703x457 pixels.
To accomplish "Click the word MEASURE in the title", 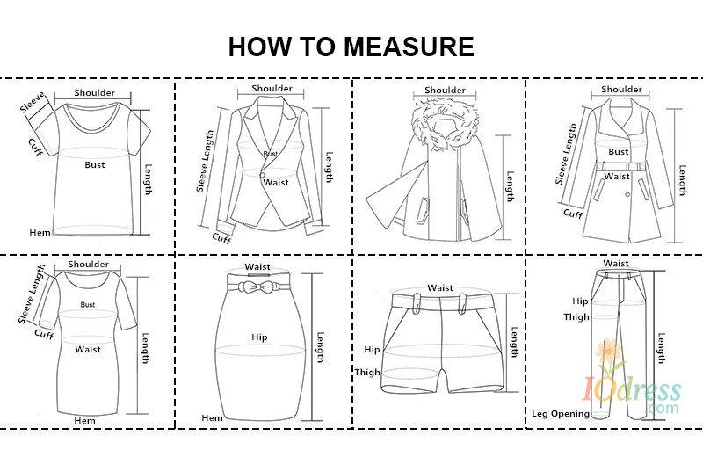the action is pos(409,47).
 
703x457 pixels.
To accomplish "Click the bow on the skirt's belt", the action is pos(257,286).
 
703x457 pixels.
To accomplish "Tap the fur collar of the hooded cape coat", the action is pos(444,125).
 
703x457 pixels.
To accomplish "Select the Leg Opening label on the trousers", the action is pos(561,414).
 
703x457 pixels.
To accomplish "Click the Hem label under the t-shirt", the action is pos(40,232).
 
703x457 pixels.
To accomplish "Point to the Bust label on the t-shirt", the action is pos(95,164).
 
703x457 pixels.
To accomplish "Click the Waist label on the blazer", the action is pos(276,182).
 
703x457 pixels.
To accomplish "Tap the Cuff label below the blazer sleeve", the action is pos(221,238).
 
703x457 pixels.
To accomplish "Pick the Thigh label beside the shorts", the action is pos(367,372).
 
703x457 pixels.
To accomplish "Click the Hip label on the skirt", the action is pos(259,337).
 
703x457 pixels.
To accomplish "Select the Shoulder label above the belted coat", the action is pos(621,89).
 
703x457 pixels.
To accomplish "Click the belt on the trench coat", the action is pos(621,167).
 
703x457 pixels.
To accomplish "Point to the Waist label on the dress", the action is pos(88,349).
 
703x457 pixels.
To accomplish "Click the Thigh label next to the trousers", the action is pos(576,316).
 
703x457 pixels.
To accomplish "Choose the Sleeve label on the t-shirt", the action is pos(33,102).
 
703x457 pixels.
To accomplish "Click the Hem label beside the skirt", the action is pos(212,418).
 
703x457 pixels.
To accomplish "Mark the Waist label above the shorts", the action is pos(440,287).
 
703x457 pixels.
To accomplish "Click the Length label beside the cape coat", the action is pos(510,186).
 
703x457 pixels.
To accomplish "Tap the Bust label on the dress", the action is pos(87,304).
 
